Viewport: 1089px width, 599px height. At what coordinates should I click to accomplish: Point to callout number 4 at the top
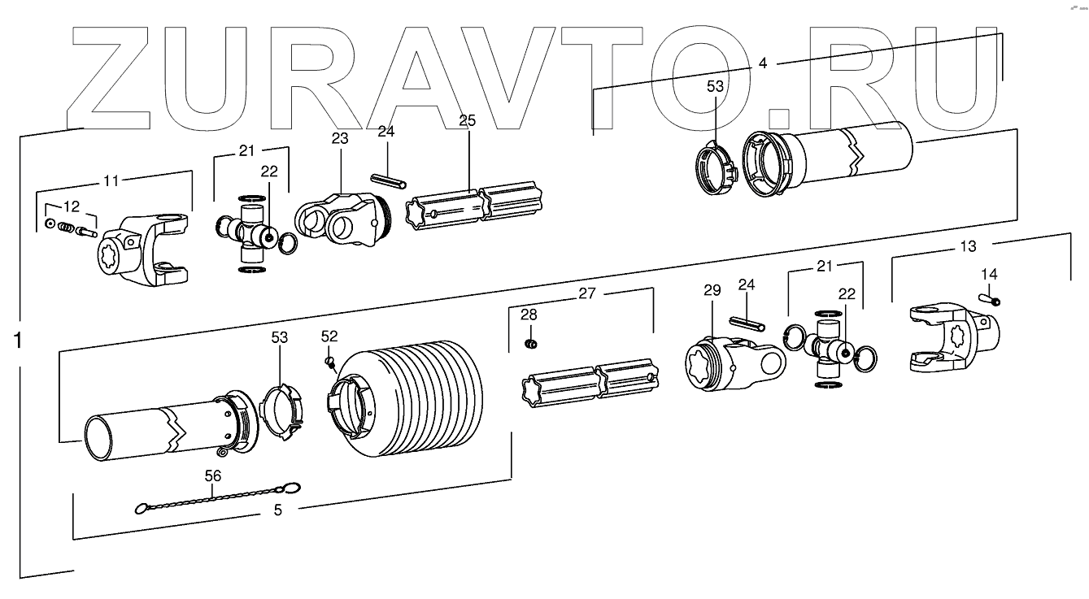(x=762, y=62)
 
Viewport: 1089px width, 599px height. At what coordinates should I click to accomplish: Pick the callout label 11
(x=111, y=180)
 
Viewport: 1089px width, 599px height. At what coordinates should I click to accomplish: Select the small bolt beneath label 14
(x=993, y=301)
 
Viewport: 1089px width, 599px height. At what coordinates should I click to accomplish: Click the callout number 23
(x=339, y=139)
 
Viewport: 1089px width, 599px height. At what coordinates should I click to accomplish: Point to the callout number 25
(x=467, y=120)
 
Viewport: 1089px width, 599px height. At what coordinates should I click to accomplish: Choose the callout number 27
(x=585, y=294)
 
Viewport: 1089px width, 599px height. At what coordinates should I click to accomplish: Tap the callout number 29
(x=712, y=291)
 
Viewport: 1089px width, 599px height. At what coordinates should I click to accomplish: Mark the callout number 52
(x=329, y=336)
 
